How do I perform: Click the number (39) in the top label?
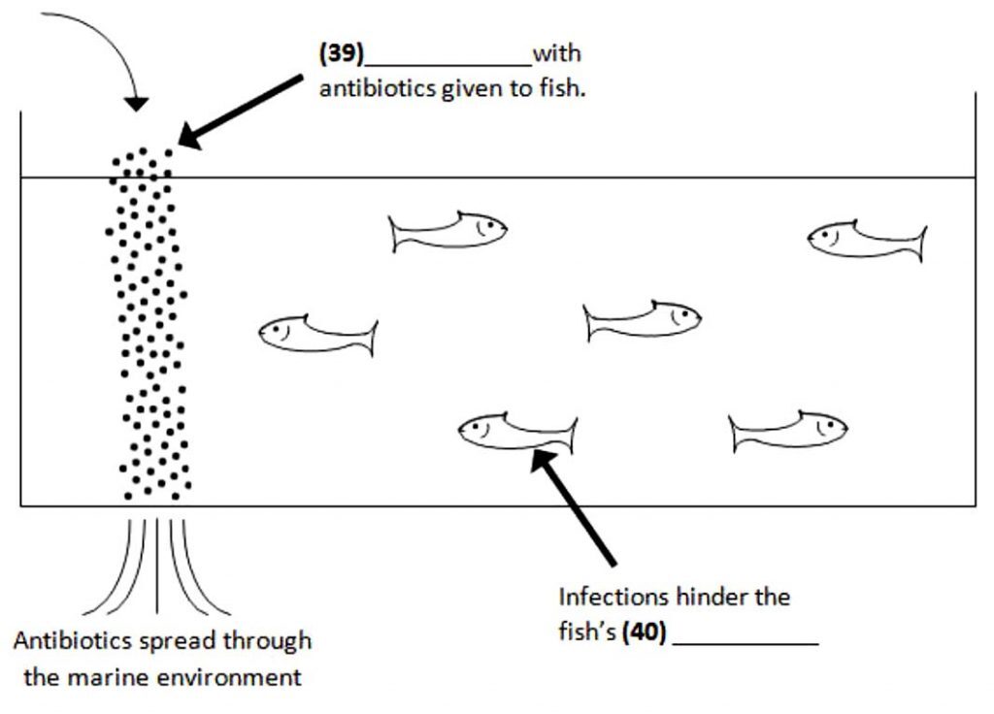(341, 53)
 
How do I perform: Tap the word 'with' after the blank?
(556, 53)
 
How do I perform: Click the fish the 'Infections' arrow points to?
(517, 431)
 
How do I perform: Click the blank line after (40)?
(745, 642)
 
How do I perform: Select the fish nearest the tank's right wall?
(867, 240)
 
